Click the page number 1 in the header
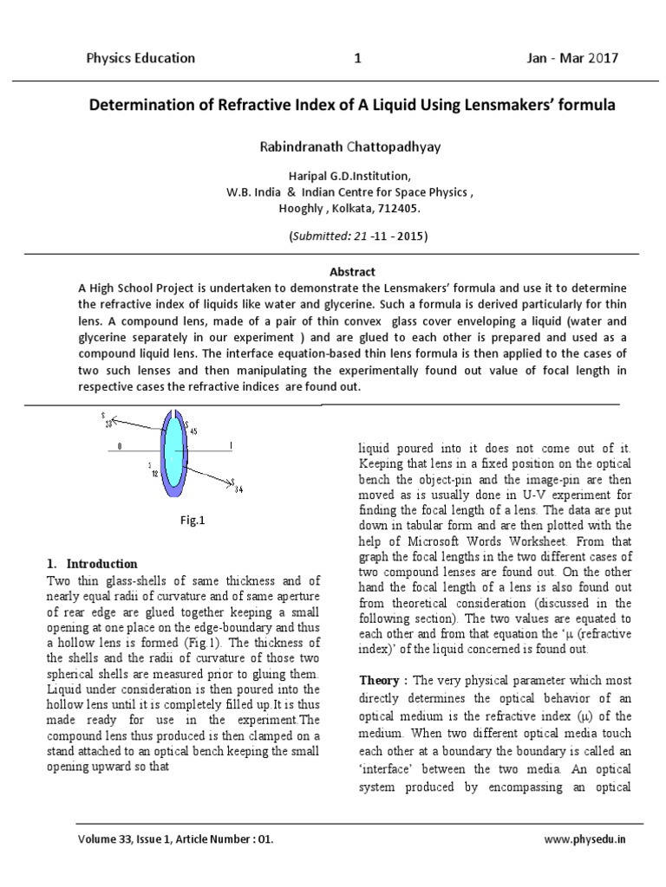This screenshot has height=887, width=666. [357, 59]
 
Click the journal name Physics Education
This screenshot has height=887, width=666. [140, 59]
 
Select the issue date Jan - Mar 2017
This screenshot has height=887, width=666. [572, 59]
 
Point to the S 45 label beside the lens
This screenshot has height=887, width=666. [192, 431]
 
